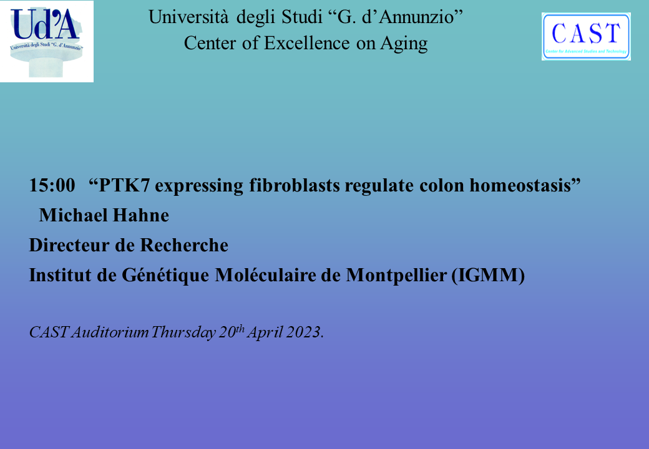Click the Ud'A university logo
(47, 41)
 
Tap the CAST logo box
(586, 36)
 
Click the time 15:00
(52, 185)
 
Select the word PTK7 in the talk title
(124, 185)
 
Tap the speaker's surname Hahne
(141, 215)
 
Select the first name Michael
(73, 215)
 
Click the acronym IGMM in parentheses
(489, 276)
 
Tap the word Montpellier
(396, 276)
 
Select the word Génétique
(165, 276)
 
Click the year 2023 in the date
(304, 332)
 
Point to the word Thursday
(183, 332)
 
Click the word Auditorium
(110, 332)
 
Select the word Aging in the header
(404, 44)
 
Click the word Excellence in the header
(307, 43)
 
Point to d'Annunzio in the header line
(412, 17)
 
